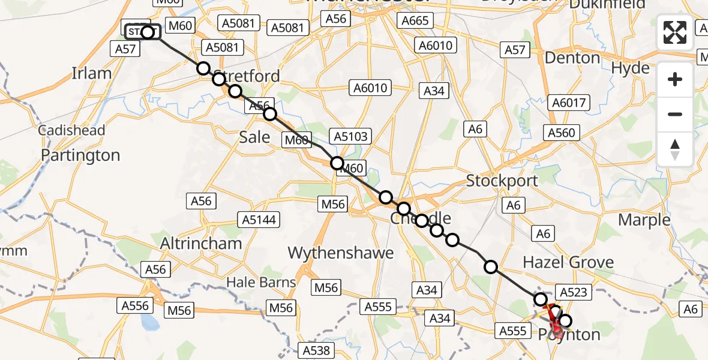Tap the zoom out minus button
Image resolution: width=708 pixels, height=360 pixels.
click(x=675, y=114)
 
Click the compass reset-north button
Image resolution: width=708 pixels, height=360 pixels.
click(x=675, y=149)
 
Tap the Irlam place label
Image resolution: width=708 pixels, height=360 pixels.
click(x=92, y=73)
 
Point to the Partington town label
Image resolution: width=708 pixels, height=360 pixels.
click(x=80, y=155)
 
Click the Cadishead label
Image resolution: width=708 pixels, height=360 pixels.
click(x=71, y=130)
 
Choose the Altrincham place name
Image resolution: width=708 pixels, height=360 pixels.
click(x=202, y=244)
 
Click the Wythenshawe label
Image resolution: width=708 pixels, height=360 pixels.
click(x=341, y=253)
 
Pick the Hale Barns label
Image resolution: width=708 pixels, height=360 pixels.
click(x=260, y=282)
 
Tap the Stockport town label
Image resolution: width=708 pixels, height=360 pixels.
click(x=502, y=180)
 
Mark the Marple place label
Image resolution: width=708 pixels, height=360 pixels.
click(x=644, y=220)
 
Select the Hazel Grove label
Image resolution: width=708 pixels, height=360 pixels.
click(x=568, y=262)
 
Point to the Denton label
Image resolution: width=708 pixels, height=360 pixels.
click(x=573, y=58)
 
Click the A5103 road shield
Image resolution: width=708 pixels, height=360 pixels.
click(x=352, y=136)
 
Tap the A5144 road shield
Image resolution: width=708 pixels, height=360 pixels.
click(x=259, y=220)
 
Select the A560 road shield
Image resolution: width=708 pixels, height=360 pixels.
click(x=560, y=133)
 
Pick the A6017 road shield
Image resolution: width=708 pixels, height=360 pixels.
click(x=568, y=103)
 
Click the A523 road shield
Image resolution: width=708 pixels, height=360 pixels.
click(x=575, y=292)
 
